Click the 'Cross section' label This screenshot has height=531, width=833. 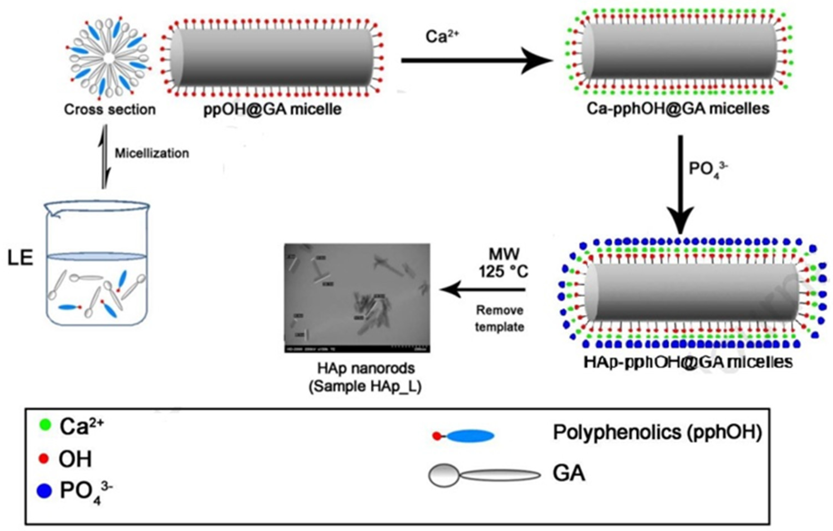point(110,109)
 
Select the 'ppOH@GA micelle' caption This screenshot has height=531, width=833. point(273,109)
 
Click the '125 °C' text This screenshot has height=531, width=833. point(503,271)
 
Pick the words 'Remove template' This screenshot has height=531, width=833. point(499,318)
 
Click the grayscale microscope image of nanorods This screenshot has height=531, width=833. point(357,298)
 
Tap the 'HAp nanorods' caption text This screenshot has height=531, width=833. point(366,369)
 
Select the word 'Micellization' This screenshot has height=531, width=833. point(152,154)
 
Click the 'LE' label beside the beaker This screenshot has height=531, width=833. point(20,258)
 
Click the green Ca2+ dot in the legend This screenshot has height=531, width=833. point(45,425)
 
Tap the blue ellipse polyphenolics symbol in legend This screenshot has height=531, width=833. point(470,436)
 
